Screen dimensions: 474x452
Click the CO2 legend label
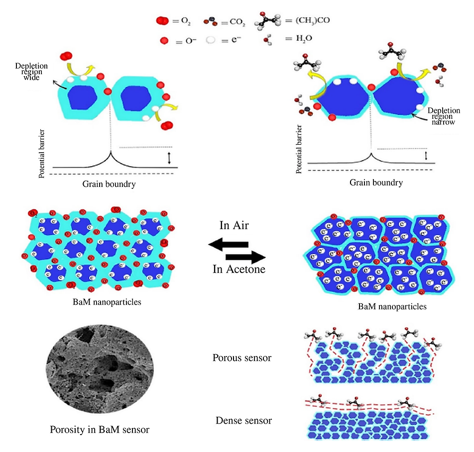[x=237, y=22]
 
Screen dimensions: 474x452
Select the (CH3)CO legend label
[x=313, y=20]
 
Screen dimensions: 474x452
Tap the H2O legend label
[x=304, y=38]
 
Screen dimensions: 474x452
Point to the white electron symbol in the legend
[x=211, y=40]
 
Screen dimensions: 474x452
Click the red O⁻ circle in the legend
[x=164, y=40]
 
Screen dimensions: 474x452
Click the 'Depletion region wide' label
[x=31, y=72]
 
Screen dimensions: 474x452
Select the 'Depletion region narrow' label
[x=444, y=116]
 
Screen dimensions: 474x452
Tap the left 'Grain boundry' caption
[x=109, y=184]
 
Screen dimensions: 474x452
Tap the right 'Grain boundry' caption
[x=376, y=182]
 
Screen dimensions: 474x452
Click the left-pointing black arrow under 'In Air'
[x=228, y=244]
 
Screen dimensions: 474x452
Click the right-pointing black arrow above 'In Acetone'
[x=246, y=257]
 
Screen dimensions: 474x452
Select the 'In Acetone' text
[x=239, y=269]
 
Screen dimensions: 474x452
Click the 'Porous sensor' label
[x=242, y=358]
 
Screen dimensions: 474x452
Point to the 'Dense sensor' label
[x=243, y=420]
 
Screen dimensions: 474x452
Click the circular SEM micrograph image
[x=100, y=369]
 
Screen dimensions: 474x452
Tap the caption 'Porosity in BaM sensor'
[x=100, y=429]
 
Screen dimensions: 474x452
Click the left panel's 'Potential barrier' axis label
[x=41, y=154]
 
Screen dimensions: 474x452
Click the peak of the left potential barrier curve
[x=111, y=152]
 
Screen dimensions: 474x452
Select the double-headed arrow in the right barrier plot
[x=426, y=156]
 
